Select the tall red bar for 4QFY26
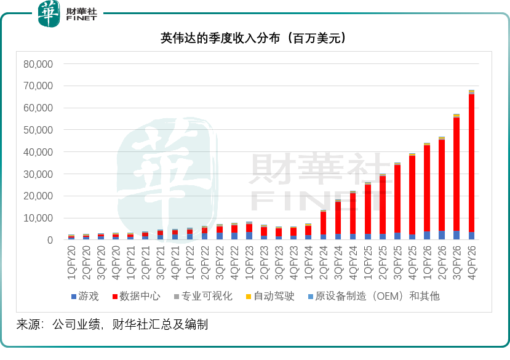point(471,163)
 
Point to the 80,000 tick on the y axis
point(38,64)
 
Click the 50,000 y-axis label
point(38,130)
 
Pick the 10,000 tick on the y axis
point(38,218)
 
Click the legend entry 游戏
point(84,296)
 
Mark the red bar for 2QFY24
point(323,223)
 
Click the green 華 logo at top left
point(50,14)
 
